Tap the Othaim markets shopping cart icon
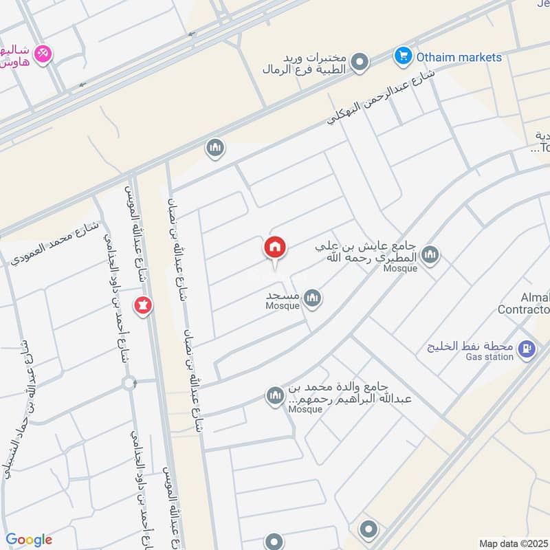tap(402, 55)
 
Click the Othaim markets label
tap(459, 57)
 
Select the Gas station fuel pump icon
tap(527, 349)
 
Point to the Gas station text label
tap(489, 357)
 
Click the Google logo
tap(29, 540)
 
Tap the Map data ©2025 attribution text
tap(513, 544)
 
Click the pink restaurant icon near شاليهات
tap(43, 54)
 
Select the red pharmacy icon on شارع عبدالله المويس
tap(143, 304)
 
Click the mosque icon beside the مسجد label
tap(313, 298)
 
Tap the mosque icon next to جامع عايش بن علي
tap(431, 256)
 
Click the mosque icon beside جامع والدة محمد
tap(275, 397)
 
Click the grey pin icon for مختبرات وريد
tap(359, 64)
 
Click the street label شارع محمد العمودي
tap(55, 244)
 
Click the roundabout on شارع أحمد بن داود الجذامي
tap(129, 383)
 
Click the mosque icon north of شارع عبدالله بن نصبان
tap(215, 148)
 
